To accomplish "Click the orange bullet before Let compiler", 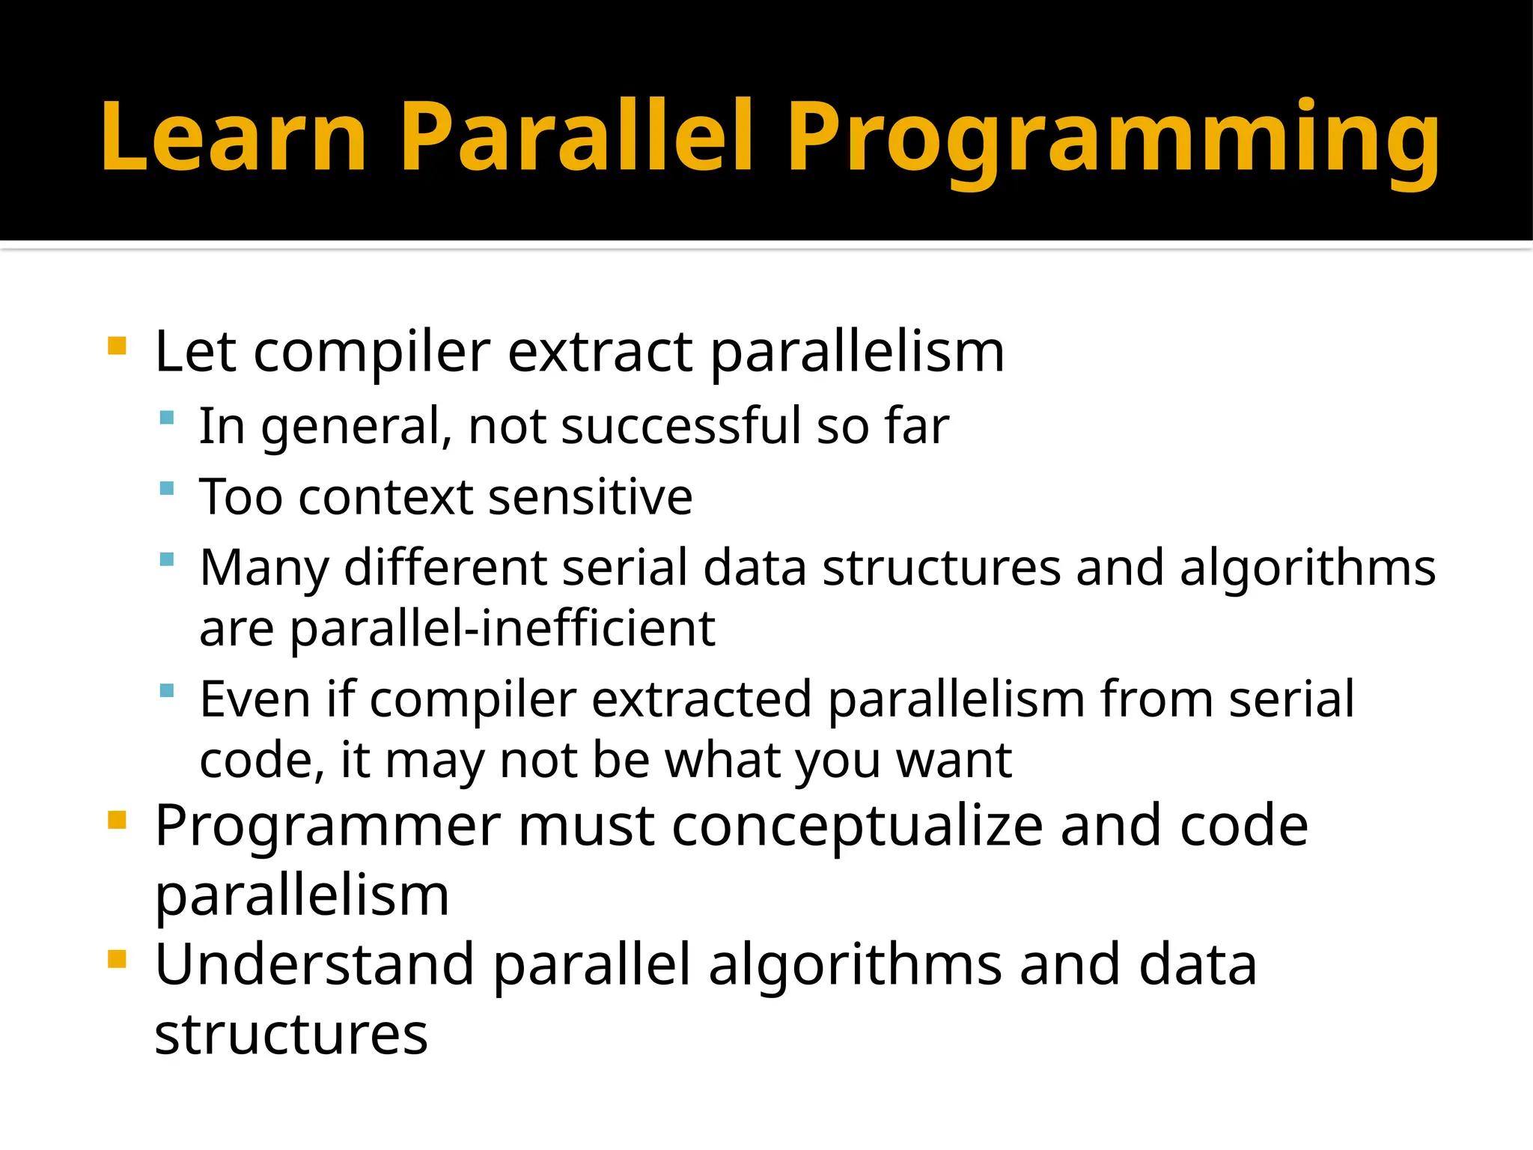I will pos(117,346).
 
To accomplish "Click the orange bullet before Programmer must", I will pos(117,820).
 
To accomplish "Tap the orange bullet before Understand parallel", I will pos(117,959).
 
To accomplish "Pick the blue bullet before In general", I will pos(167,418).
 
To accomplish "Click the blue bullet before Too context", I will pos(167,489).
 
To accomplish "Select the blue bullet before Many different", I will pos(167,559).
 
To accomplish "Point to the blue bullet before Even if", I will pos(167,690).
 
